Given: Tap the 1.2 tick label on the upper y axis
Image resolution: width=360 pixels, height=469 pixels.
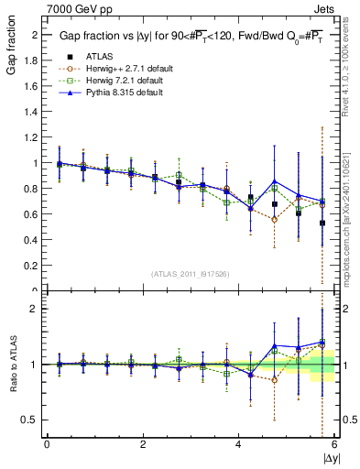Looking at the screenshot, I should [x=32, y=137].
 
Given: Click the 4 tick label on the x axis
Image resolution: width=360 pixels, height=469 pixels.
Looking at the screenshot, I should [x=238, y=444].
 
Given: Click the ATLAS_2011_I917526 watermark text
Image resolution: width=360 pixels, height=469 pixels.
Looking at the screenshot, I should [x=191, y=274].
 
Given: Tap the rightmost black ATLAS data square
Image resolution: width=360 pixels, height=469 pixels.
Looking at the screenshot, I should [x=322, y=223].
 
